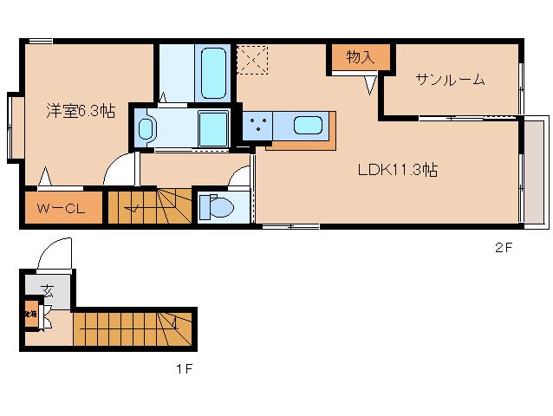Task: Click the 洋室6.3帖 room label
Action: pos(80,110)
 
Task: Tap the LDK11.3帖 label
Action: pos(397,170)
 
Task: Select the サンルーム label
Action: pos(449,80)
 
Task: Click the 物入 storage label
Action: pos(360,58)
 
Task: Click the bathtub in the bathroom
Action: pos(212,74)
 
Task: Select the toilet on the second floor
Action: pos(218,208)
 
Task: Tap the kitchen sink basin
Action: pos(309,125)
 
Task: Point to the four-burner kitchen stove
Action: pos(257,126)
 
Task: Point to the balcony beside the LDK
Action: pos(534,171)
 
